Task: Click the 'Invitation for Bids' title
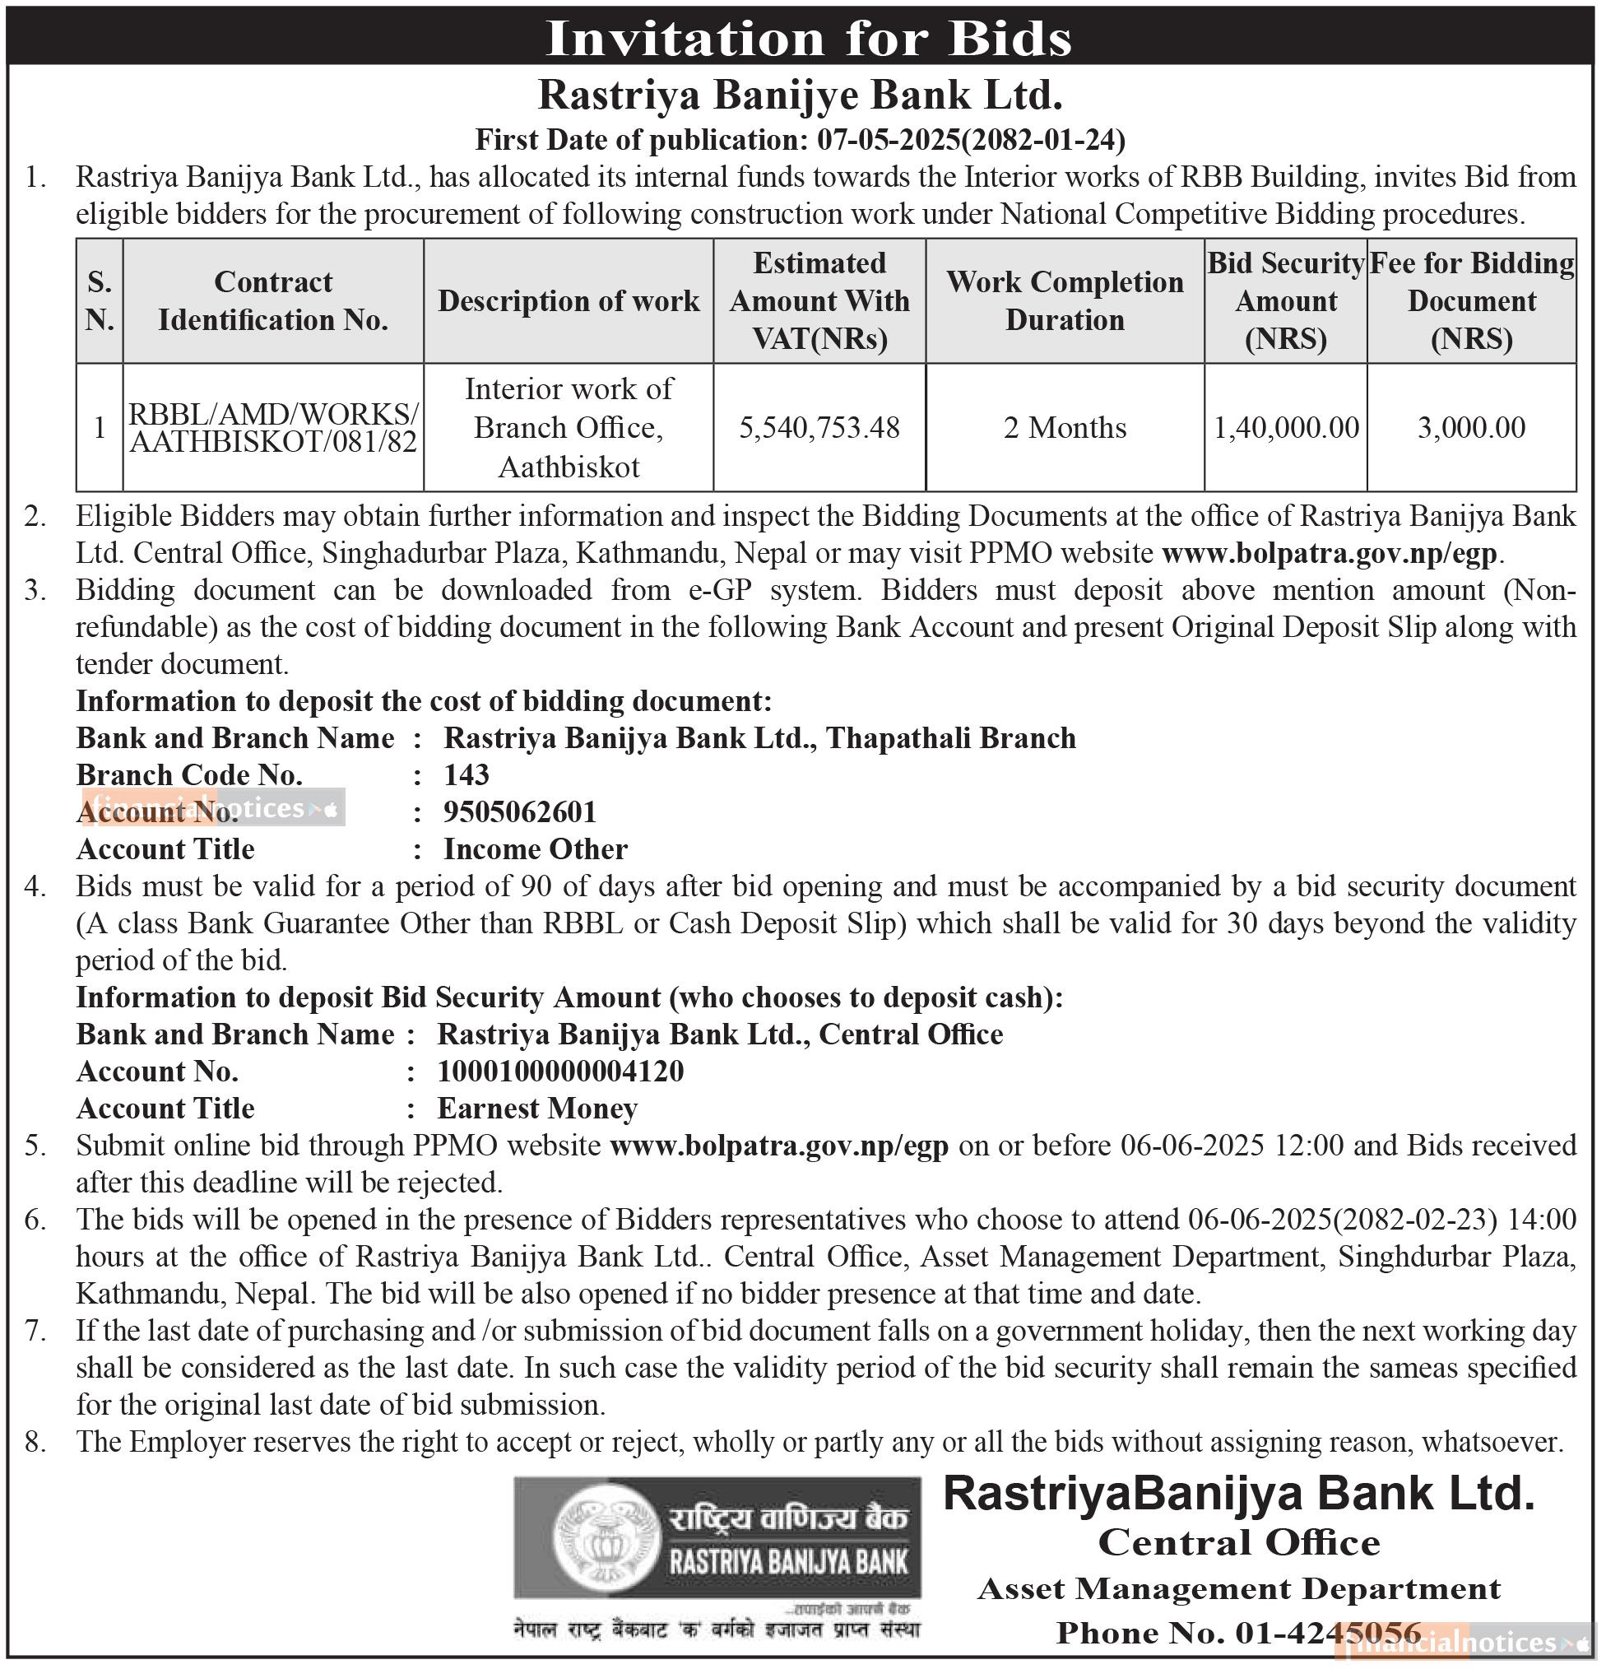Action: (x=808, y=39)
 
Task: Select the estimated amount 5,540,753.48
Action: (x=819, y=427)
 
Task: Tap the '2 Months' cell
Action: (x=1064, y=427)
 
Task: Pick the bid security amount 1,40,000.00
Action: (x=1285, y=427)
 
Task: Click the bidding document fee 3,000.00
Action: (x=1471, y=427)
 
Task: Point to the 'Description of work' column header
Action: (x=569, y=301)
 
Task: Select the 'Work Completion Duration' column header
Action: (x=1064, y=301)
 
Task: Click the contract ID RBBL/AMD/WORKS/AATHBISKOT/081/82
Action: (x=273, y=427)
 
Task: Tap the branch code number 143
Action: (x=466, y=775)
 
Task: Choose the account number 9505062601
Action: (x=520, y=812)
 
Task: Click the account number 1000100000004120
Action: (x=560, y=1072)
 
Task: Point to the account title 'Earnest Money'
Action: (x=537, y=1109)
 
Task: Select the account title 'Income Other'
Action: (x=536, y=850)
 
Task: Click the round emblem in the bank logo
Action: (x=606, y=1539)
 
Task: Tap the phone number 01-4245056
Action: (x=1328, y=1633)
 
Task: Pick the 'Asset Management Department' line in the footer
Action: (x=1238, y=1589)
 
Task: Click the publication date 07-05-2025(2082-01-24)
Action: (x=971, y=140)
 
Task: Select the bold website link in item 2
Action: (x=1330, y=554)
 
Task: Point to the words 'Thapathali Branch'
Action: (x=950, y=738)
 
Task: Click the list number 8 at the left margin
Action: (x=34, y=1442)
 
